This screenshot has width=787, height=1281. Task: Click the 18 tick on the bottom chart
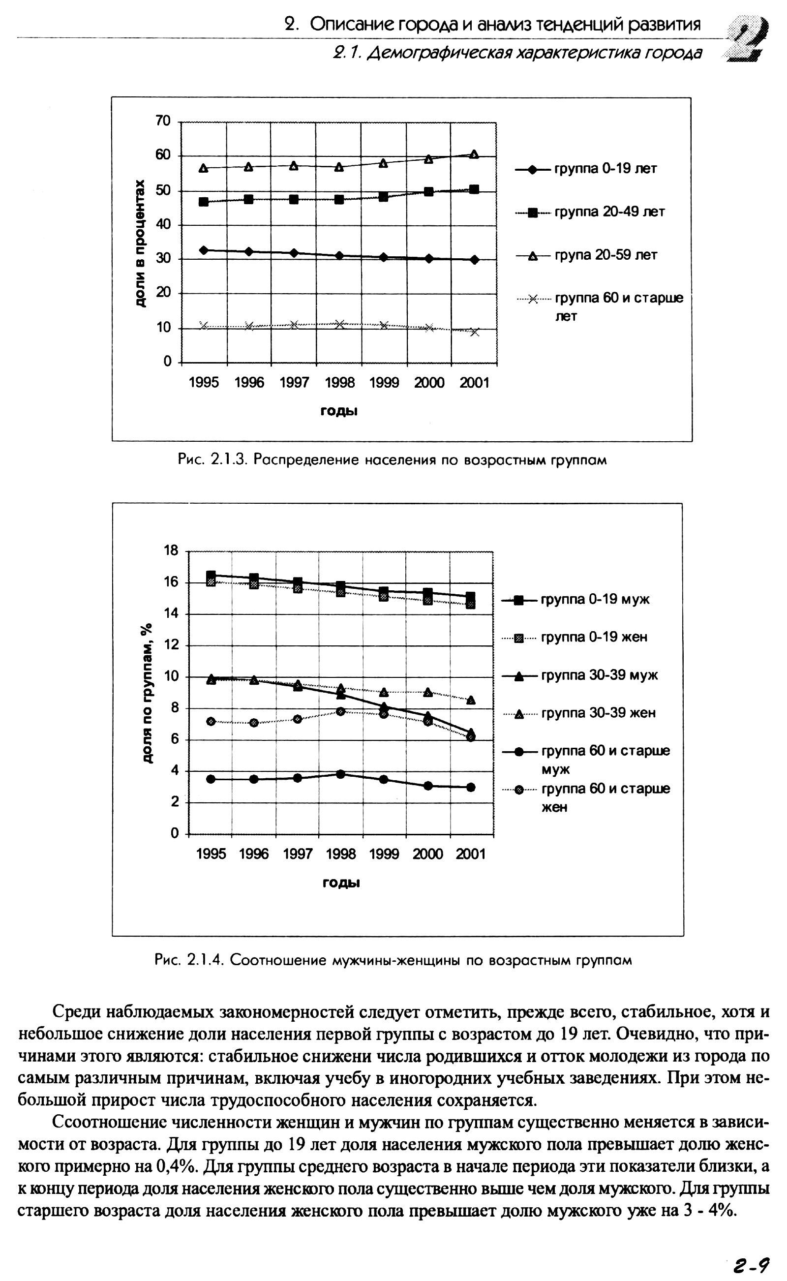pos(171,550)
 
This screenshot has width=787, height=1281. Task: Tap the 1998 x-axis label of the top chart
pos(339,383)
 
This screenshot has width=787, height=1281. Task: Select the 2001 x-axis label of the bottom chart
pos(471,854)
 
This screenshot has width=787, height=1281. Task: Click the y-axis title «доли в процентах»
pos(140,243)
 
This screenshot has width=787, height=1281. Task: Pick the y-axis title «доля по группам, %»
pos(148,693)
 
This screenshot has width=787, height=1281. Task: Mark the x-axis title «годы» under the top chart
pos(339,411)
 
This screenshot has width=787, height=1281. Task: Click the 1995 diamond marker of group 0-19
pos(204,250)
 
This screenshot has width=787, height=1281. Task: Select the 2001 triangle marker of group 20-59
pos(474,154)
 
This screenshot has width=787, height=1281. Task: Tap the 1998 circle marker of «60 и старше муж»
pos(340,774)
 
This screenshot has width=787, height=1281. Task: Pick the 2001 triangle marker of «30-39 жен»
pos(471,701)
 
